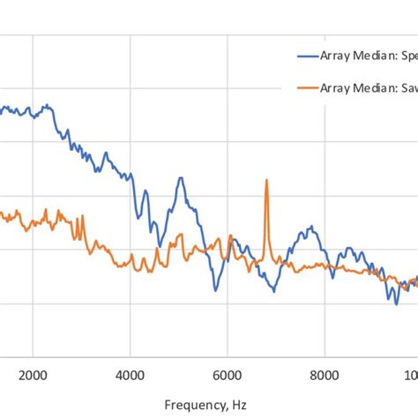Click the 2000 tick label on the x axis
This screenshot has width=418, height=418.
[x=33, y=348]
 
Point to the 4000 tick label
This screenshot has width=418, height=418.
[x=130, y=348]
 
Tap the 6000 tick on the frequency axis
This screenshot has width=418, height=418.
[x=228, y=348]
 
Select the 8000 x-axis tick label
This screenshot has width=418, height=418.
[x=325, y=348]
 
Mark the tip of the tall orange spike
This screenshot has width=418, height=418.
[x=265, y=180]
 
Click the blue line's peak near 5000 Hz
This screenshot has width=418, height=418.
[x=181, y=178]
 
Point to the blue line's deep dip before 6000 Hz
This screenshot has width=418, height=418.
[x=214, y=289]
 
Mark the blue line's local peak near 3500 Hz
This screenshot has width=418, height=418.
[x=105, y=153]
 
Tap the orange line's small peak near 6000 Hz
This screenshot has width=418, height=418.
[x=230, y=236]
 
